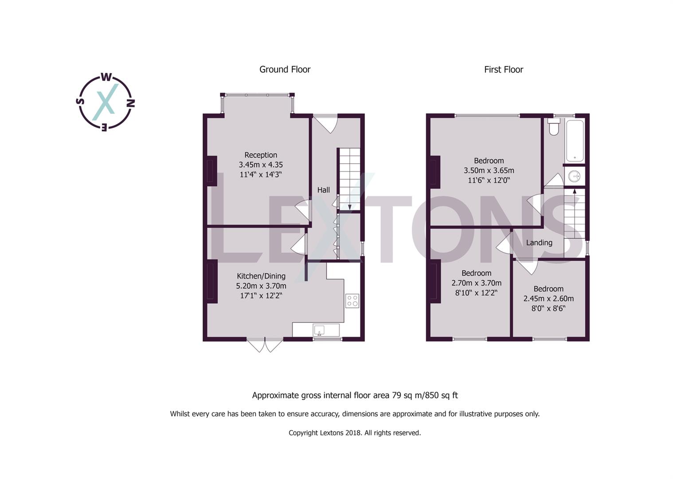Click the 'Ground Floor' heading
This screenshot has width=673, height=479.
tap(285, 70)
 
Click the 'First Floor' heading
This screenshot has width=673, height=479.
tap(503, 70)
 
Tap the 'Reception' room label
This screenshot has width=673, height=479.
tap(261, 155)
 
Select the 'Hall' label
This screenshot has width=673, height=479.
tap(323, 190)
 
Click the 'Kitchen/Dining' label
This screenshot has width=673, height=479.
tap(261, 276)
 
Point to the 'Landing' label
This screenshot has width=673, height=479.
tap(539, 243)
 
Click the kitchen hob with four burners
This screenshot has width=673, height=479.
tap(352, 301)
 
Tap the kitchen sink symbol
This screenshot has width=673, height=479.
tap(319, 330)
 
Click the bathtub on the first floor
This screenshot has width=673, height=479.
tap(575, 140)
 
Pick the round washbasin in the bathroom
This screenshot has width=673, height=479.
tap(575, 177)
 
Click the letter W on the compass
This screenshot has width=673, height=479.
tap(106, 78)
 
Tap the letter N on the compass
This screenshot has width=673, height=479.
tap(131, 103)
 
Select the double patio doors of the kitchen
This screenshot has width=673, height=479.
tap(265, 345)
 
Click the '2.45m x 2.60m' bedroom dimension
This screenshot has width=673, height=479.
tap(548, 298)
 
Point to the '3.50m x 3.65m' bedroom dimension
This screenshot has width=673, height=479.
tap(489, 170)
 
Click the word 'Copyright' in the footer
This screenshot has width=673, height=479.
tap(303, 433)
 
